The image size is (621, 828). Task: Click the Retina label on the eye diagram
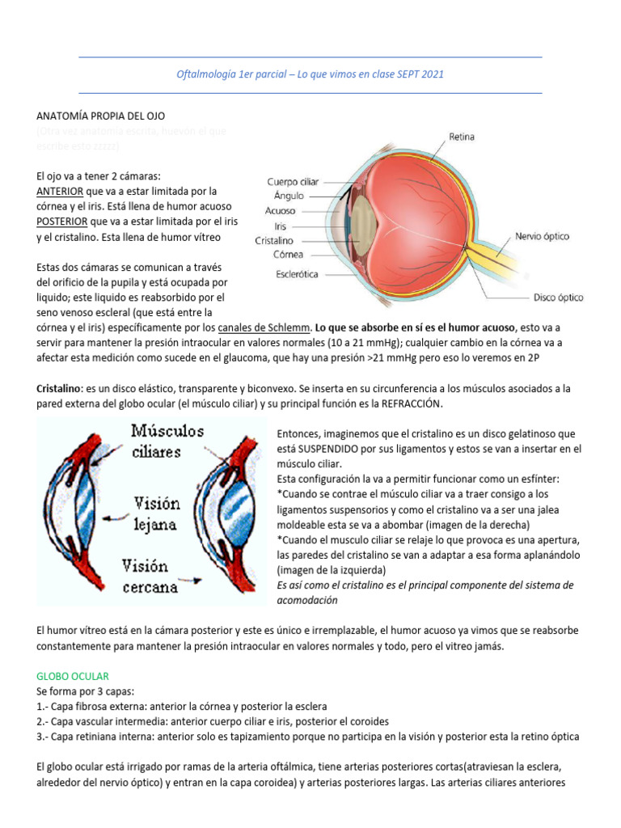(462, 137)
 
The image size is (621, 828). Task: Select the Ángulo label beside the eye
(289, 196)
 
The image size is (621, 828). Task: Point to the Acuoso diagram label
(280, 210)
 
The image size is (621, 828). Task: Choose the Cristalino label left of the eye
(274, 241)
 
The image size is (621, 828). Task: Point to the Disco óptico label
(558, 298)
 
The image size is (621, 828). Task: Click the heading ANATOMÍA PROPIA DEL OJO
(101, 116)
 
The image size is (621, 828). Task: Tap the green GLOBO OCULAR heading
(73, 675)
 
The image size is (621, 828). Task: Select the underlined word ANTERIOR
(60, 192)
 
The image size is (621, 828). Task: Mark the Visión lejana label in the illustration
(157, 513)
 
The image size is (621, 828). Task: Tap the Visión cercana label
(150, 576)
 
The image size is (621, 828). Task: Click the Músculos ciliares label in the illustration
(167, 441)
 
